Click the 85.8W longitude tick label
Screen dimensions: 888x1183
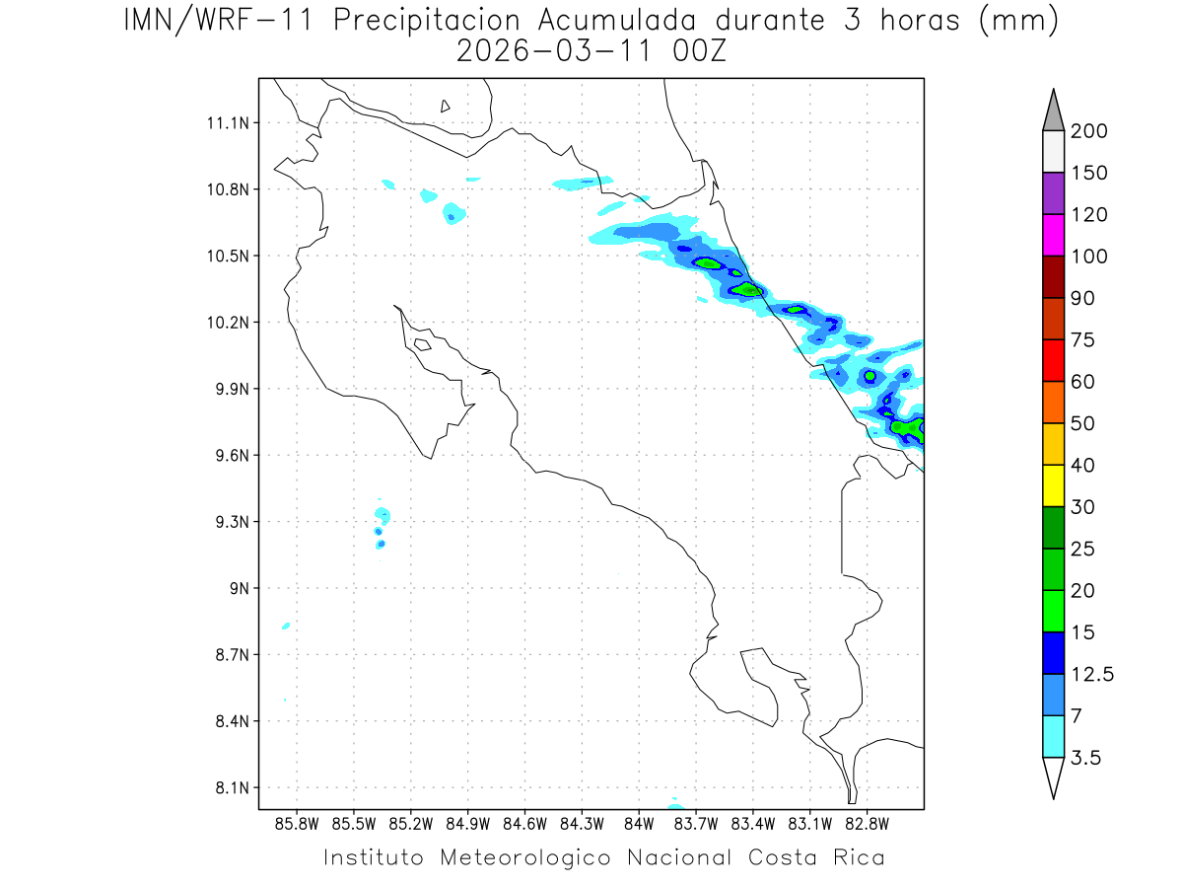click(x=297, y=823)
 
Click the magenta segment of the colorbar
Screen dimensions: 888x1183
click(x=1053, y=235)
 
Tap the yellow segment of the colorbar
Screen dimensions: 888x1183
click(x=1053, y=484)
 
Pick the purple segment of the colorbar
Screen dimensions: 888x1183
click(x=1053, y=193)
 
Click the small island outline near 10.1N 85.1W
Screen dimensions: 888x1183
click(x=422, y=344)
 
